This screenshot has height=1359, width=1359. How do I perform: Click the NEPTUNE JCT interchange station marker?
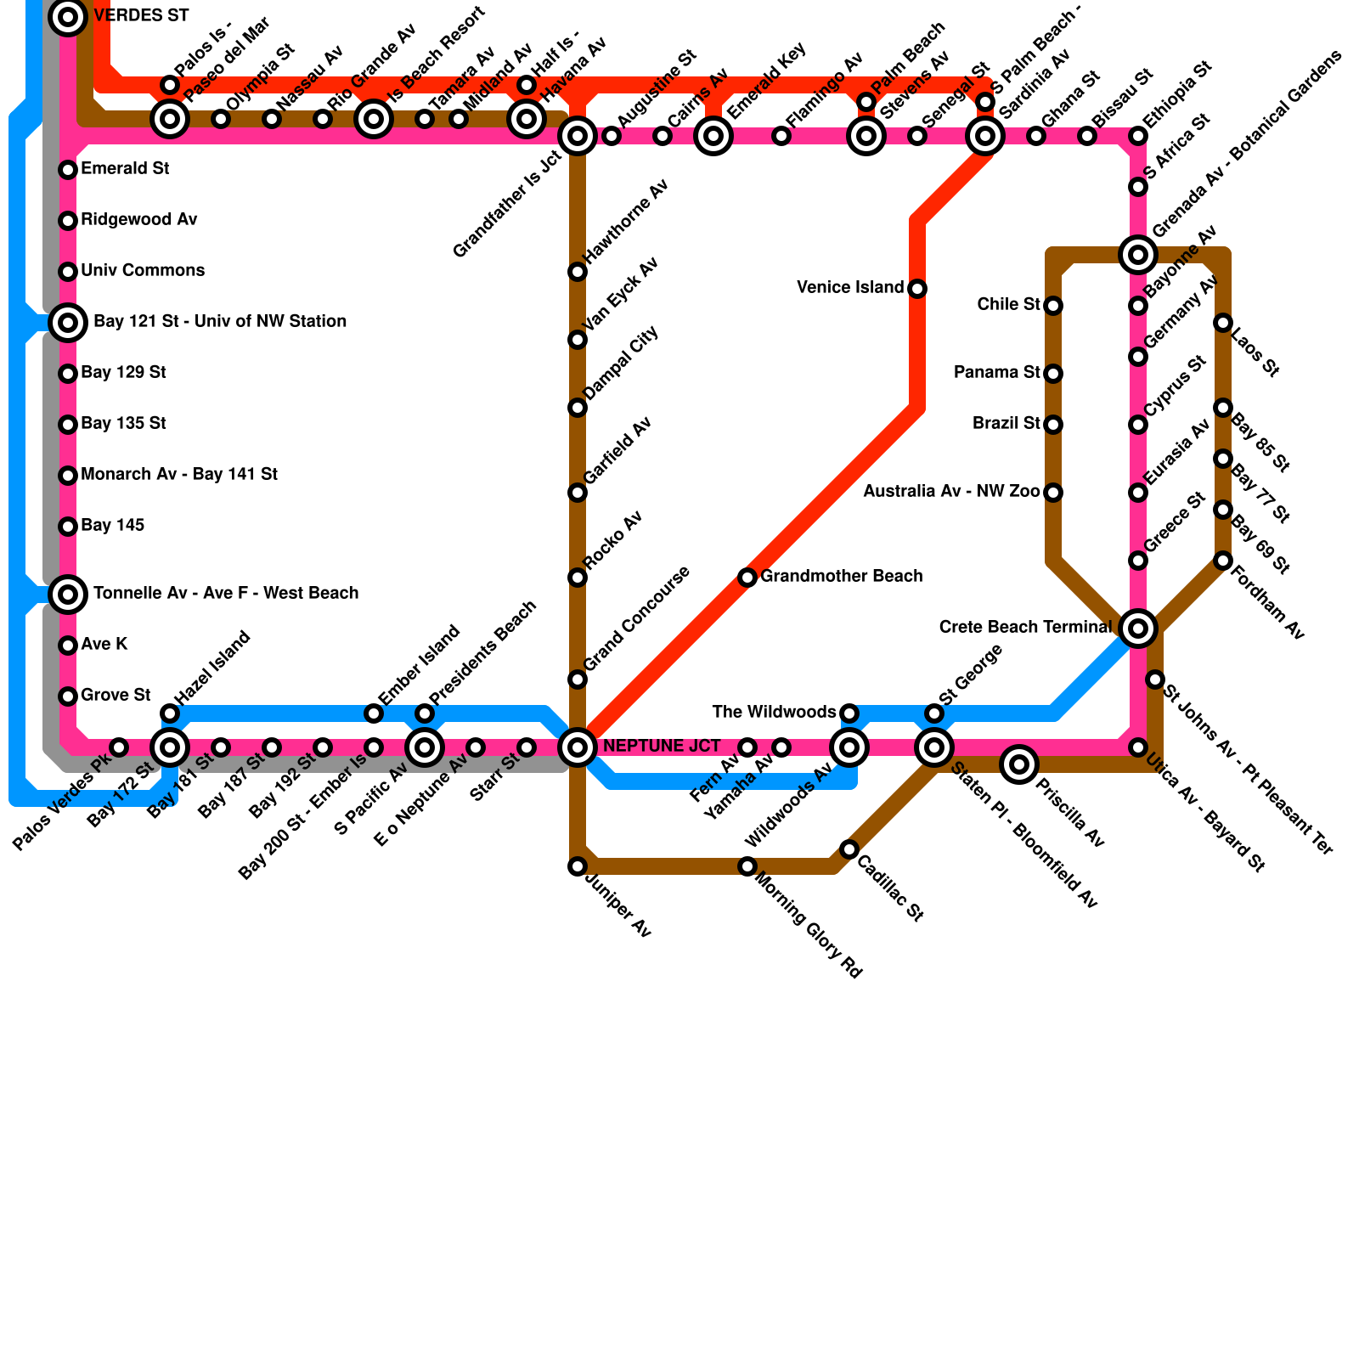(578, 747)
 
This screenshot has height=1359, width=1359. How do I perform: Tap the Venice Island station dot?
(917, 289)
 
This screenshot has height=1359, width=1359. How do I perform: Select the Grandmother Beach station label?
(841, 577)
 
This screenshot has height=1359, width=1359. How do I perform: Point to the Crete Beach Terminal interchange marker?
(1138, 629)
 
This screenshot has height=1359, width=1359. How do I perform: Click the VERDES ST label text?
(141, 16)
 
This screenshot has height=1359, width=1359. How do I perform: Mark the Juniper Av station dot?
(578, 866)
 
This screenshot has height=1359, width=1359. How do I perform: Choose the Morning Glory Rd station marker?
(747, 866)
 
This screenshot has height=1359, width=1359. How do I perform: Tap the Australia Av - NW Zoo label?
(951, 492)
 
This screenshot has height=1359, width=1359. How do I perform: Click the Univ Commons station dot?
(68, 272)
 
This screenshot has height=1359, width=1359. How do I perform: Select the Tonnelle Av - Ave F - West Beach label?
(226, 594)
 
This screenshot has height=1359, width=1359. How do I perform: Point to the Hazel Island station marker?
(170, 713)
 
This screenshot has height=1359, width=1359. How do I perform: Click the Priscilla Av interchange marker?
(1019, 764)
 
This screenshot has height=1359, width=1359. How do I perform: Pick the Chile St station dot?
(1053, 306)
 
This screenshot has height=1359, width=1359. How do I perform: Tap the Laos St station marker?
(1223, 323)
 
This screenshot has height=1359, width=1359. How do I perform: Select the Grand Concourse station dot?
(578, 679)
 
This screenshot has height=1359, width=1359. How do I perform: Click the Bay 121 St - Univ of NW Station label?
(220, 322)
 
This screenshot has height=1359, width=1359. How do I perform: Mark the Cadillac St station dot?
(849, 849)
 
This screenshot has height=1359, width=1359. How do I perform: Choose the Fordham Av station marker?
(1223, 561)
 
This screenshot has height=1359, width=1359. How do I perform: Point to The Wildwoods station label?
(774, 713)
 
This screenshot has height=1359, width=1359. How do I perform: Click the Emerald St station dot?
(68, 170)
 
